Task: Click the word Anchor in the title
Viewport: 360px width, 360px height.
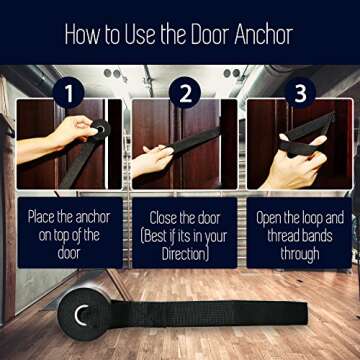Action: pyautogui.click(x=264, y=34)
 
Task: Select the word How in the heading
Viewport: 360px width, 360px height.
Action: pyautogui.click(x=82, y=34)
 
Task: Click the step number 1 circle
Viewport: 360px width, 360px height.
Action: pyautogui.click(x=68, y=93)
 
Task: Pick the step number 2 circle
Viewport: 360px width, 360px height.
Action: pyautogui.click(x=185, y=92)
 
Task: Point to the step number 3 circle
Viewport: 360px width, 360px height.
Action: pyautogui.click(x=300, y=93)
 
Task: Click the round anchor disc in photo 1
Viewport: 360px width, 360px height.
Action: pyautogui.click(x=100, y=129)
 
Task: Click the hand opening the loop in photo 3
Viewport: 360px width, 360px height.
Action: pyautogui.click(x=297, y=163)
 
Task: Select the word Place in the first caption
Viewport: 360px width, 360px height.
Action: pyautogui.click(x=41, y=218)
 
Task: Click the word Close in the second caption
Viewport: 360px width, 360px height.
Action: pyautogui.click(x=163, y=218)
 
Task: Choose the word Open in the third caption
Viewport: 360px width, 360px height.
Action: pyautogui.click(x=269, y=218)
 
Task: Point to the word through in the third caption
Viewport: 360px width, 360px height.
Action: pyautogui.click(x=300, y=254)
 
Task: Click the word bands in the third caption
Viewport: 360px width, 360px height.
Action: pyautogui.click(x=316, y=236)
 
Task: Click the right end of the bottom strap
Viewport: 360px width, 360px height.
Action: pyautogui.click(x=307, y=313)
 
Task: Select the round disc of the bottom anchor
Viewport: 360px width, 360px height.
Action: pyautogui.click(x=83, y=314)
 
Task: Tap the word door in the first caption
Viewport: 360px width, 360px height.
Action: pyautogui.click(x=70, y=254)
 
